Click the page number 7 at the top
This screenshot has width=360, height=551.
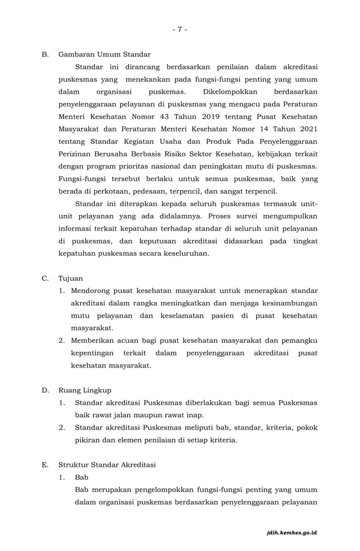179,29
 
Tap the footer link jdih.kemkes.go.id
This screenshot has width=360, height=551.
292,532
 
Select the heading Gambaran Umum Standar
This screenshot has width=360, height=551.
104,54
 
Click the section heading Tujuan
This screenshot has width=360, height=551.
71,278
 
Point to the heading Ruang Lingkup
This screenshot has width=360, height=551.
85,390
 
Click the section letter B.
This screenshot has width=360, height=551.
45,54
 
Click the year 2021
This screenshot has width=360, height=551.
305,129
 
